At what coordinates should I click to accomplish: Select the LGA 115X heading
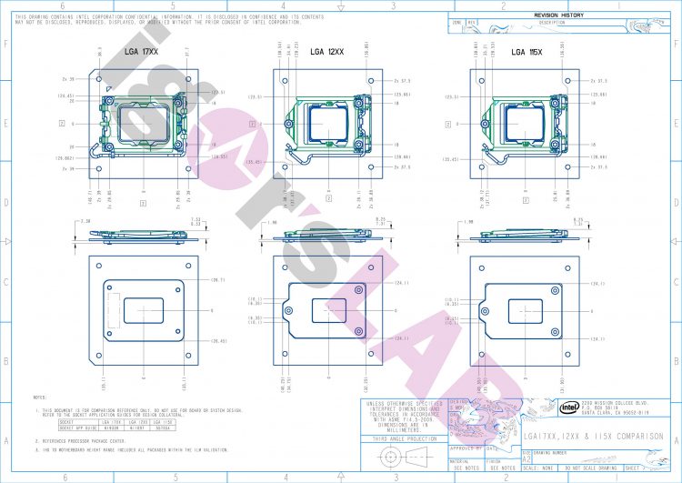528,53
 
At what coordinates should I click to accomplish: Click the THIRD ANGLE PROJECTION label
398,439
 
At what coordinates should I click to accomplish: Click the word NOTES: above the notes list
40,397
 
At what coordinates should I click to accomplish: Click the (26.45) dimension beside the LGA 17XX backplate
218,341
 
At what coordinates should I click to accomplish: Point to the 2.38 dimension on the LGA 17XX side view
85,221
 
